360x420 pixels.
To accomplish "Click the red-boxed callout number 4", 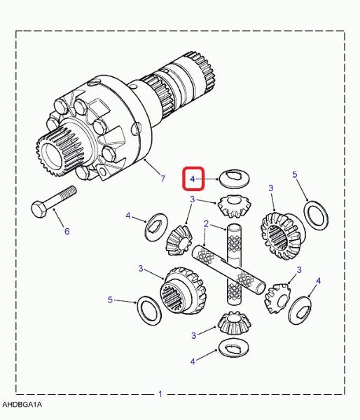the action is [x=193, y=178].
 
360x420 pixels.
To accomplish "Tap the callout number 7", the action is [x=163, y=178].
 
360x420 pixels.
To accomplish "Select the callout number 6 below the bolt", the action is [x=67, y=231].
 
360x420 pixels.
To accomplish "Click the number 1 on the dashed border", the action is [x=160, y=394].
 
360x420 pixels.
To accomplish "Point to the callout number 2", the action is [x=206, y=224].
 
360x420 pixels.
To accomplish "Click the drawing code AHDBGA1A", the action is [x=22, y=404].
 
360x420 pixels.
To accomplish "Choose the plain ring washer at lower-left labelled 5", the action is [x=149, y=311].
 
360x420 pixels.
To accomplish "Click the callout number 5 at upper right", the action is [x=295, y=174].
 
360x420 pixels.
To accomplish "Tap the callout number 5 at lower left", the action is [x=110, y=300].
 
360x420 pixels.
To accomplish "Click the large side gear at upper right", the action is [x=282, y=236].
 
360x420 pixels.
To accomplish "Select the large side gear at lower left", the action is [x=183, y=290].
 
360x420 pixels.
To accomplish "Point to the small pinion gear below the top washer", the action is [x=235, y=206].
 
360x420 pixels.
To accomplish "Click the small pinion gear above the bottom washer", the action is [x=235, y=323].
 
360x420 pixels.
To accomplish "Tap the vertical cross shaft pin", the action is [x=235, y=264].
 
